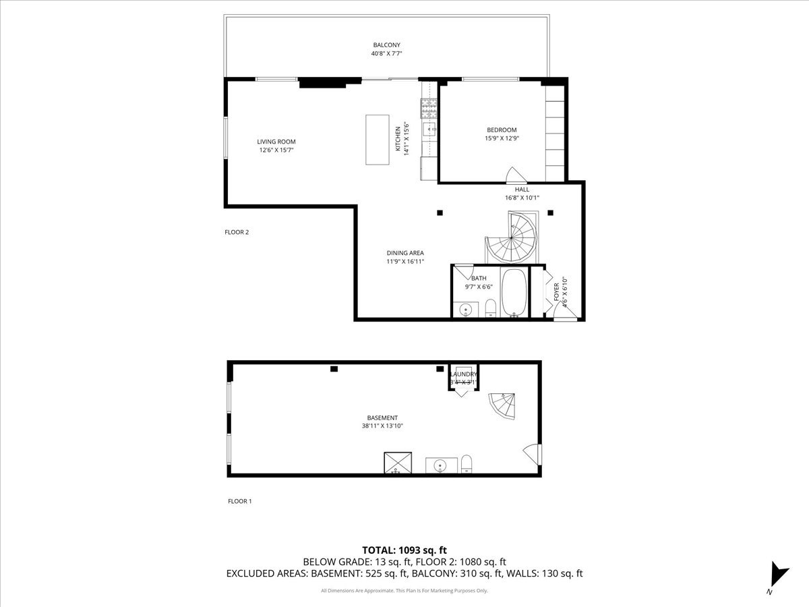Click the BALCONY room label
tap(386, 45)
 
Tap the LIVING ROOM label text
tap(276, 142)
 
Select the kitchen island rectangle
tap(378, 140)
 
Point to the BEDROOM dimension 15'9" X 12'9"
tap(502, 138)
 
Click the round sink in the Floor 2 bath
tap(466, 310)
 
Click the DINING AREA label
tap(405, 253)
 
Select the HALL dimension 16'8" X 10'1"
tap(522, 198)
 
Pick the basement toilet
tap(466, 464)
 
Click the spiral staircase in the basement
tap(502, 405)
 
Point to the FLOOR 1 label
tap(239, 501)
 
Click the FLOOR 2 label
tap(237, 232)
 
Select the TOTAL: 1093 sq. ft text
tap(404, 550)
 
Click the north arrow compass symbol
tap(778, 575)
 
